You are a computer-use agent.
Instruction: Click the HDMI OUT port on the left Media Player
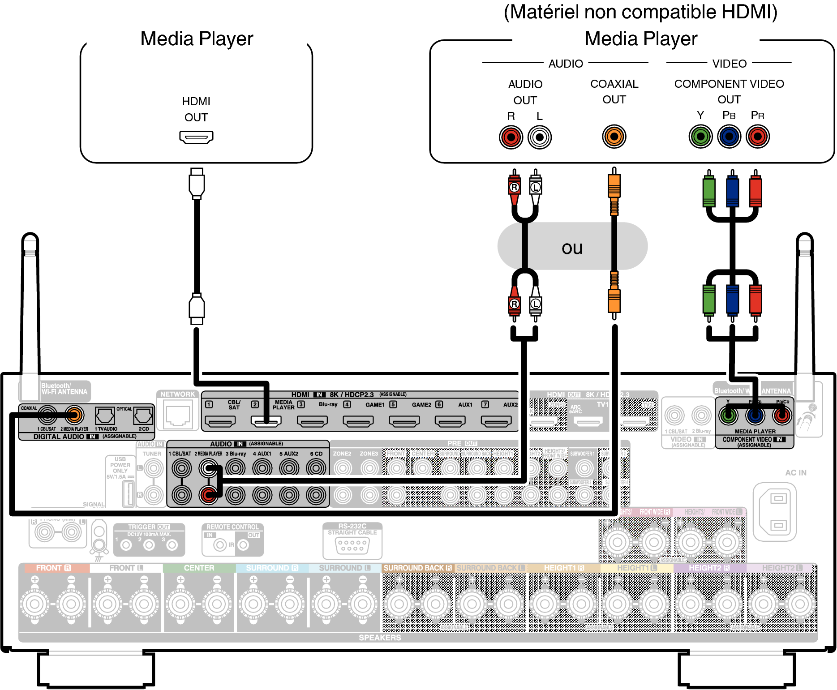[196, 137]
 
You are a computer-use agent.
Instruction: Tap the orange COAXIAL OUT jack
[614, 137]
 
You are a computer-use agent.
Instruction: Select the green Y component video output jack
[700, 137]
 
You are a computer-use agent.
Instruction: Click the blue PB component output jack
[729, 137]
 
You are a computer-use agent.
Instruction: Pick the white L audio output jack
[539, 137]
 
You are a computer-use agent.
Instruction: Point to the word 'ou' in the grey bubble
[572, 248]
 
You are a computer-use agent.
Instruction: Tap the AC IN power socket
[778, 511]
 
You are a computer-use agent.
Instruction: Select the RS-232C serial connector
[352, 545]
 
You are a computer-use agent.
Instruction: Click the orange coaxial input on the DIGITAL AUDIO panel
[74, 415]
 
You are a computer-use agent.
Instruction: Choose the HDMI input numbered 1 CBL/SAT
[220, 421]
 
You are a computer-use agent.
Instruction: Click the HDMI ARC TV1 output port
[588, 421]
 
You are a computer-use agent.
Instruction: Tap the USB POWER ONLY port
[128, 493]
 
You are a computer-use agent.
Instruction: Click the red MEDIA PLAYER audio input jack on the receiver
[208, 495]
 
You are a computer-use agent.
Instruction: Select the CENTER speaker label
[199, 568]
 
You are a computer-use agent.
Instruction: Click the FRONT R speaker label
[53, 568]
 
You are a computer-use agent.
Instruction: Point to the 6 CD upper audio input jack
[316, 468]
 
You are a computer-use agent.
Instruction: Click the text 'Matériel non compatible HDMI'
[640, 12]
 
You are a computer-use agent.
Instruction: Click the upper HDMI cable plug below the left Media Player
[197, 184]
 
